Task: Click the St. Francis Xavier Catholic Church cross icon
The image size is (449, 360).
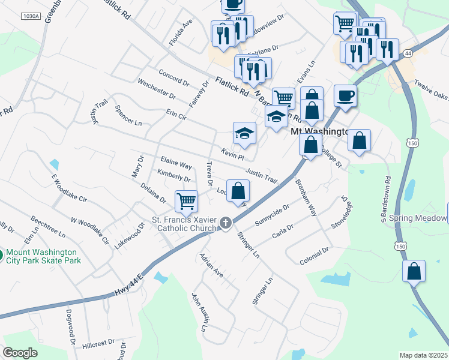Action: coord(226,223)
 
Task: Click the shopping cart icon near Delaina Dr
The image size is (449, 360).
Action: coord(187,202)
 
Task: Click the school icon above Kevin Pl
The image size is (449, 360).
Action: coord(244,134)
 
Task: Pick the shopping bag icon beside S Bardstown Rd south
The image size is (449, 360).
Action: coord(414,271)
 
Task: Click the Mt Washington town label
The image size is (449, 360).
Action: coord(319,131)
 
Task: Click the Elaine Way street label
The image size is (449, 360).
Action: coord(176,163)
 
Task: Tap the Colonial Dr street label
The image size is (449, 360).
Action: coord(314,256)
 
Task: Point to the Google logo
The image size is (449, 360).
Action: coord(20,353)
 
